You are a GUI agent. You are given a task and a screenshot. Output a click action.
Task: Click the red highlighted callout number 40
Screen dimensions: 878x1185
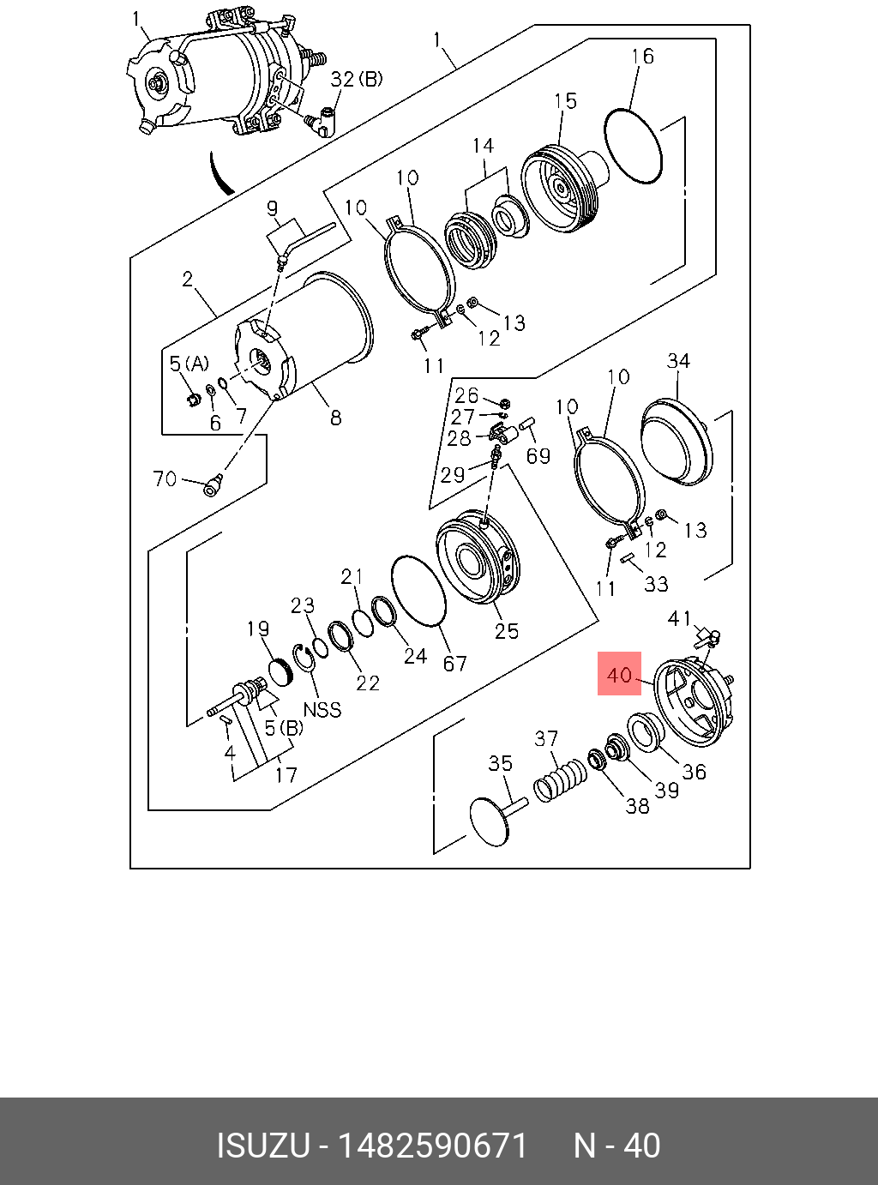coord(619,674)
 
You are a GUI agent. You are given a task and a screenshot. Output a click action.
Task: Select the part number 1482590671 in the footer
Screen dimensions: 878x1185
coord(433,1146)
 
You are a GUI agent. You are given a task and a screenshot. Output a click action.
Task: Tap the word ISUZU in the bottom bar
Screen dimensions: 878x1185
coord(262,1146)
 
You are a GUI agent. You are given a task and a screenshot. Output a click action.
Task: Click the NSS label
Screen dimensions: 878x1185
coord(322,709)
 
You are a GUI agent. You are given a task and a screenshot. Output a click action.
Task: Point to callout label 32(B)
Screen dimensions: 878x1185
coord(357,80)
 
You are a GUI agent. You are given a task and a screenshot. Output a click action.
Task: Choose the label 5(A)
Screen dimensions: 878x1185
coord(189,364)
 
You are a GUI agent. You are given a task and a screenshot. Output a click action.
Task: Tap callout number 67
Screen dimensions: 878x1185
coord(454,663)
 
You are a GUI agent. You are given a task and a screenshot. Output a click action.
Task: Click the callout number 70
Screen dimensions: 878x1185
coord(165,478)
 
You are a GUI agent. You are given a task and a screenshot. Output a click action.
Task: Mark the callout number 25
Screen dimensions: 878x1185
coord(507,631)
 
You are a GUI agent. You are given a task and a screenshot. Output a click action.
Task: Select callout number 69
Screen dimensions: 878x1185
coord(538,455)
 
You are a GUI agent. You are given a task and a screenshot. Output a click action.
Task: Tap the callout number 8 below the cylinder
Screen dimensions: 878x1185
coord(336,418)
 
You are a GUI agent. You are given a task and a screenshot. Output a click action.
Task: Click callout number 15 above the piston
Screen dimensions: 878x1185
coord(565,101)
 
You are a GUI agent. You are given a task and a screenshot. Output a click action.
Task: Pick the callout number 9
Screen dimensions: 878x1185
coord(272,208)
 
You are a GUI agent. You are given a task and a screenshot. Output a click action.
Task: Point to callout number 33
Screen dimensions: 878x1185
coord(656,584)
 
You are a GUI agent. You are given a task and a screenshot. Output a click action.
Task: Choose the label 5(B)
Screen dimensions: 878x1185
coord(283,729)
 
